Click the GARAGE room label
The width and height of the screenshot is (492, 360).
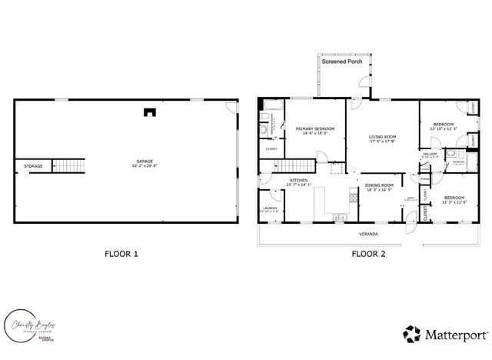145,163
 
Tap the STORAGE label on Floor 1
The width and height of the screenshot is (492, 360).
33,165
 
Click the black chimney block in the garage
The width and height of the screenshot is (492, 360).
148,112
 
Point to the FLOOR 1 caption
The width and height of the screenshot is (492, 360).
121,253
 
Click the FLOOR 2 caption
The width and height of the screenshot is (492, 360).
368,253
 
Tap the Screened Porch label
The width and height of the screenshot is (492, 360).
342,62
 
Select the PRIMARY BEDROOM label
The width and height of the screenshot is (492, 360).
315,129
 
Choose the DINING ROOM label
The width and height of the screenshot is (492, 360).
379,185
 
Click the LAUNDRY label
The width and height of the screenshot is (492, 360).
269,208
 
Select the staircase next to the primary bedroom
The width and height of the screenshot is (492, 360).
296,165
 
